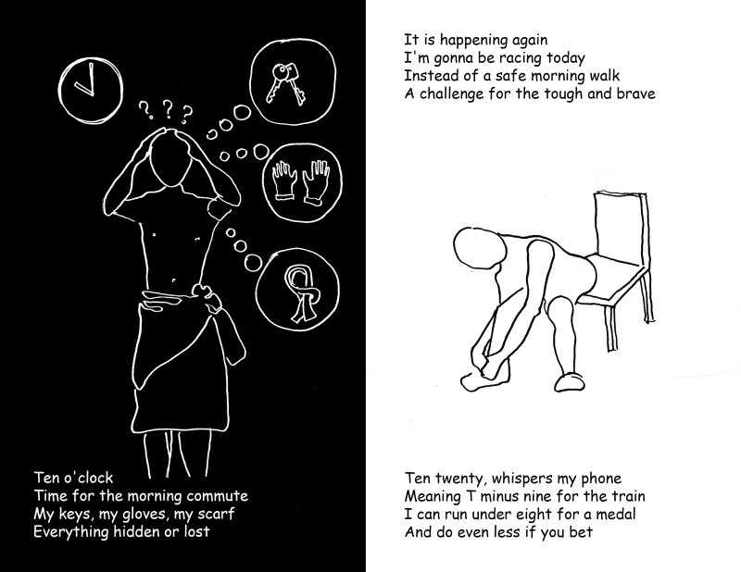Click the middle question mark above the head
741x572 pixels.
167,109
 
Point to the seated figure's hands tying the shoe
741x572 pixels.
487,363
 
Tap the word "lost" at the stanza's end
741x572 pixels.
196,532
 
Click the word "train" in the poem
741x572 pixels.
628,496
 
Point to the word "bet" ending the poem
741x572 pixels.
581,532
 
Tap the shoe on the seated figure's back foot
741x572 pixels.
570,381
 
